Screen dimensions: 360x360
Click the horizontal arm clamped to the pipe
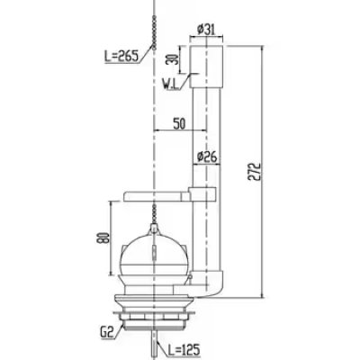(x=157, y=193)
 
